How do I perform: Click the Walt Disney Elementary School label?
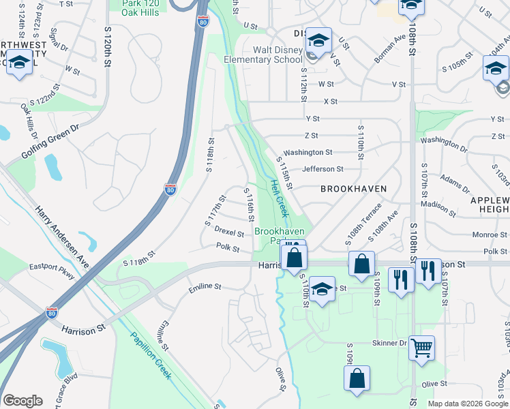[262, 55]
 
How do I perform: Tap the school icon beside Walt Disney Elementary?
[318, 41]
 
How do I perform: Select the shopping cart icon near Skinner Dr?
[422, 348]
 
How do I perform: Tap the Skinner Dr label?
[389, 344]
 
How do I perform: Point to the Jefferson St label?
[322, 169]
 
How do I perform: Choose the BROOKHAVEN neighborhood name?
[353, 189]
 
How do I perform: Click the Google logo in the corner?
[22, 401]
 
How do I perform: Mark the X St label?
[331, 101]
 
